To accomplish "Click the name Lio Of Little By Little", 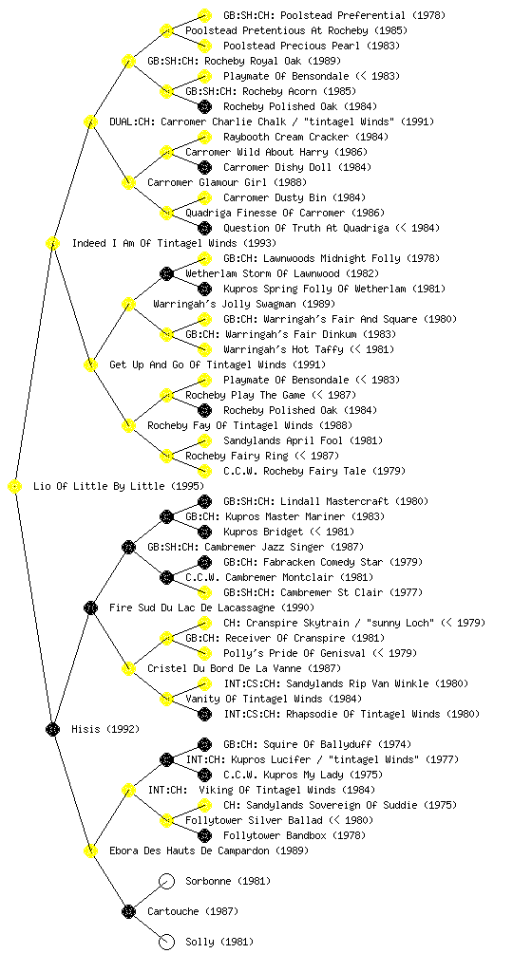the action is (99, 486).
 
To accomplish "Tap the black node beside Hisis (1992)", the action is (52, 729).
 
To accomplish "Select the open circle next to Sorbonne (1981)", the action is (166, 881).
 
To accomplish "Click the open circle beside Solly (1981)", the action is (166, 942).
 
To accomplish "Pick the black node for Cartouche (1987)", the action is (128, 911).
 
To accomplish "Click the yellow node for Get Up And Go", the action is (90, 364).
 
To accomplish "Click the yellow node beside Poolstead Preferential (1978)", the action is (204, 15).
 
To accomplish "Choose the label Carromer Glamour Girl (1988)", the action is (227, 182).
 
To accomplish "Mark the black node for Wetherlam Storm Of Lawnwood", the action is (166, 273).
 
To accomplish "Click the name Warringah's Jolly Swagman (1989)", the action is (244, 304).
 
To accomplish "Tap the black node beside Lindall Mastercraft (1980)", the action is (204, 501).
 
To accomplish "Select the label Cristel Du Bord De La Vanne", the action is (224, 668).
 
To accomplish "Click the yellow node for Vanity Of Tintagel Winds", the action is (166, 699).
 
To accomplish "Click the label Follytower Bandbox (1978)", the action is (294, 835).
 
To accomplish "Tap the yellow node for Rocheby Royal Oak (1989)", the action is (128, 61).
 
